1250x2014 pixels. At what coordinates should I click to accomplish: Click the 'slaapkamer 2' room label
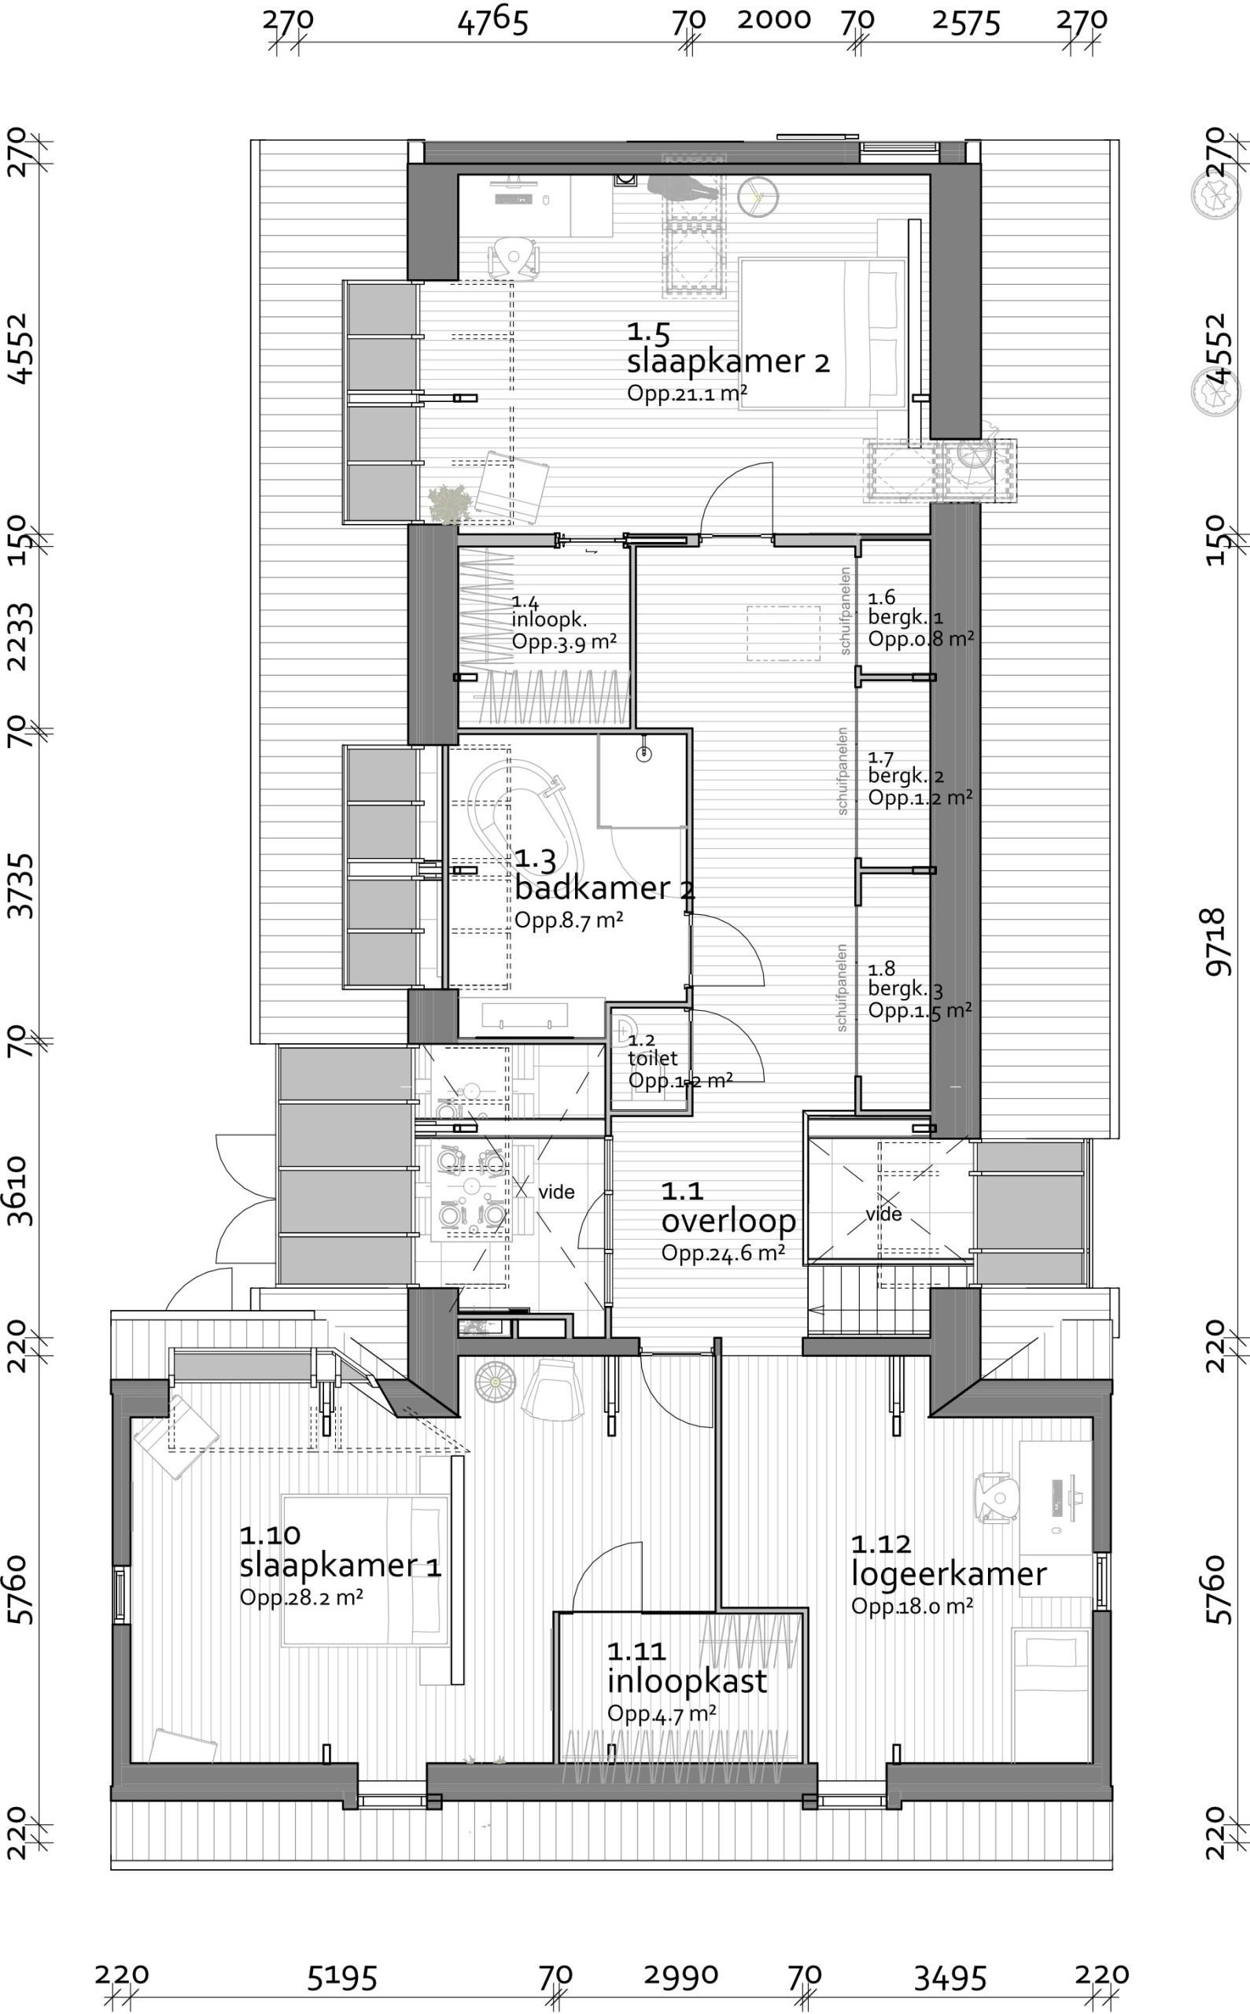728,362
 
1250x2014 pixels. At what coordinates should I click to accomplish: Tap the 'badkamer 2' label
604,888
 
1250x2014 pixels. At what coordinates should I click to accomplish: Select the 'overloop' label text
728,1220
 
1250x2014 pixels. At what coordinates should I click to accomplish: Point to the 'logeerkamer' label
949,1574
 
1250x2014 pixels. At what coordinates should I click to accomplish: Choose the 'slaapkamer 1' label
341,1565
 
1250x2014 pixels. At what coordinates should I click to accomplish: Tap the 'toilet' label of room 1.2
652,1058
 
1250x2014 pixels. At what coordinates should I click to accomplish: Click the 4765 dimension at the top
492,21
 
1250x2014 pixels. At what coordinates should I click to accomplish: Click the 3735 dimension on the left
20,887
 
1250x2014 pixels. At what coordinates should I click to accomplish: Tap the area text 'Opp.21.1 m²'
687,393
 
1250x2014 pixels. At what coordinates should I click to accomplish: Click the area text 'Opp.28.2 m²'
302,1596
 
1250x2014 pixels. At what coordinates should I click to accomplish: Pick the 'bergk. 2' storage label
906,776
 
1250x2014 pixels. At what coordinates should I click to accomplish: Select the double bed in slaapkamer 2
822,334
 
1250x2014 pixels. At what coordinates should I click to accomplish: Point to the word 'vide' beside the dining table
556,1192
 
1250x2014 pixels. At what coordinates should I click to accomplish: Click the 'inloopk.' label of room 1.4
549,620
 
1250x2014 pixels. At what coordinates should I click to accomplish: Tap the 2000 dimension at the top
774,20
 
